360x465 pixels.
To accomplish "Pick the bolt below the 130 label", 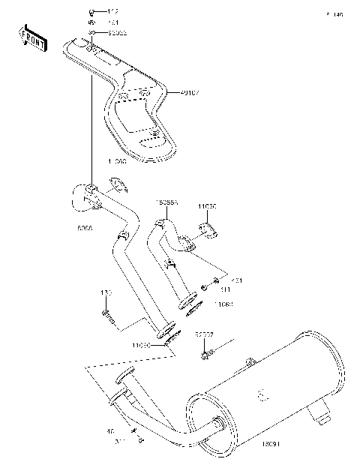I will click(107, 315).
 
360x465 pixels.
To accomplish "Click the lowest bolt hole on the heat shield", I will click(154, 134).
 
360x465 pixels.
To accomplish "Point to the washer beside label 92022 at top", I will click(91, 34).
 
